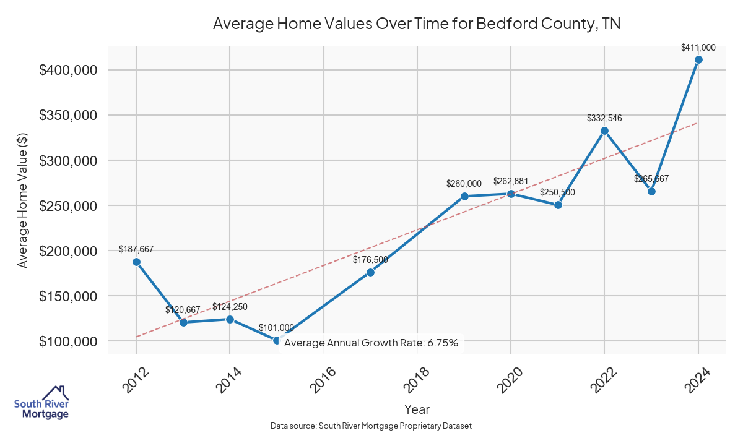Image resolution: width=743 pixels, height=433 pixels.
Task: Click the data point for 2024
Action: (x=698, y=60)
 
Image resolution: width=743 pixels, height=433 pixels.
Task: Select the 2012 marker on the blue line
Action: (x=136, y=262)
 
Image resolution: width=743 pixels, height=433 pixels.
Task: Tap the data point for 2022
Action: (x=604, y=131)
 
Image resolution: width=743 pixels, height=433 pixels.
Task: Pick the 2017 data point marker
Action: (x=370, y=272)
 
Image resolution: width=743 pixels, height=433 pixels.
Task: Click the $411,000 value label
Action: (x=698, y=47)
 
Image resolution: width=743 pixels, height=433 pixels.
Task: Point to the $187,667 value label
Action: (x=136, y=249)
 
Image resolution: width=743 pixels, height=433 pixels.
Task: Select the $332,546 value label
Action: (x=604, y=118)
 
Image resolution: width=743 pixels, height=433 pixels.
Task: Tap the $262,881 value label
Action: (x=511, y=181)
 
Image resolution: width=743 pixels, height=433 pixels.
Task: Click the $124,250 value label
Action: (x=230, y=307)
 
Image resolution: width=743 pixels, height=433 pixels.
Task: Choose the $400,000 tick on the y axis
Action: (x=68, y=71)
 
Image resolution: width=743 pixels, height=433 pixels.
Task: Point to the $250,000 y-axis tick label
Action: (x=68, y=206)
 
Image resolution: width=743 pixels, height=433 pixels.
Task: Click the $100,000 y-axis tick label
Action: (x=68, y=341)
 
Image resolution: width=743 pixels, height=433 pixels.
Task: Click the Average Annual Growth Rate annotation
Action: (x=371, y=343)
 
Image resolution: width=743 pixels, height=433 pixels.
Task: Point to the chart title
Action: (x=416, y=24)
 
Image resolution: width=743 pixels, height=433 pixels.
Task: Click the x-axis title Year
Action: (x=417, y=409)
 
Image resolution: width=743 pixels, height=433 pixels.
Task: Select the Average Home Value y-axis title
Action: (x=23, y=200)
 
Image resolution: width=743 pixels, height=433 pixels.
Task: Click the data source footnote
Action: (x=371, y=426)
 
